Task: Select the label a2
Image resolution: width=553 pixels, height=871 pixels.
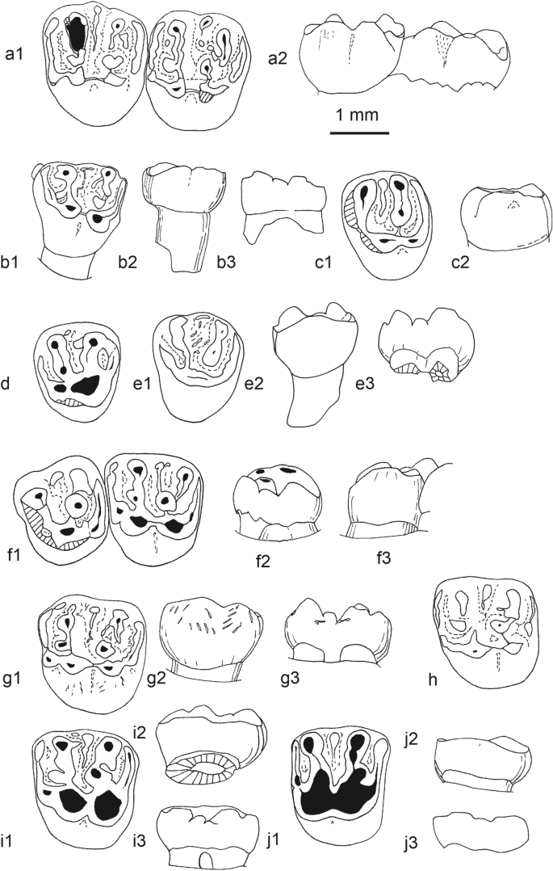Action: tap(282, 58)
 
